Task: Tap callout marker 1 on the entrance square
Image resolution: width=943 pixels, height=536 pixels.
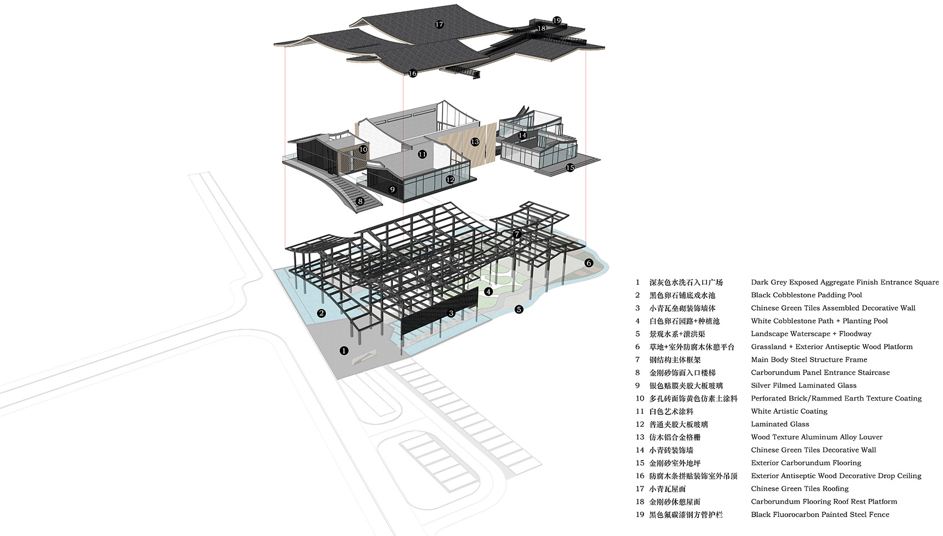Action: [x=344, y=350]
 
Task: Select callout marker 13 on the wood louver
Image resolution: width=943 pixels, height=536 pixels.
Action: [x=475, y=142]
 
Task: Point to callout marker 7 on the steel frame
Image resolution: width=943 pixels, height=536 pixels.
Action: [x=517, y=235]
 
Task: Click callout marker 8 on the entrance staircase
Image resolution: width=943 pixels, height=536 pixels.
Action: [x=360, y=201]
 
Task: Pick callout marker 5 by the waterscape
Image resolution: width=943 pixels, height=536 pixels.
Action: [x=519, y=310]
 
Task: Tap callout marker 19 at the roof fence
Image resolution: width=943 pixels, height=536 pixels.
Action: [x=557, y=20]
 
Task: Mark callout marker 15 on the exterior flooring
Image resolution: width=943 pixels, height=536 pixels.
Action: [x=570, y=168]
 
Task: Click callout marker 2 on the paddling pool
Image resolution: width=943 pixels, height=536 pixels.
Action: [x=322, y=313]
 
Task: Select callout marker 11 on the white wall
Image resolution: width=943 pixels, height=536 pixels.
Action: [x=422, y=154]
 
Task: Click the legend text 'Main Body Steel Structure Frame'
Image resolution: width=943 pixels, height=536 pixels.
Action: [x=809, y=360]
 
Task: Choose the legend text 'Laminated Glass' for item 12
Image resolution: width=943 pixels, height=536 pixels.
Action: [x=780, y=424]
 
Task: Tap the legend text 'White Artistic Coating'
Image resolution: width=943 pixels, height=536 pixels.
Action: [x=789, y=411]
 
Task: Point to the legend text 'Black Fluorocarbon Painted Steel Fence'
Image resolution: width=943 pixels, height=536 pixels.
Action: [x=820, y=514]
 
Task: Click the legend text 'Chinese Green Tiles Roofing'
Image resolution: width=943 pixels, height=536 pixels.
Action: [x=799, y=488]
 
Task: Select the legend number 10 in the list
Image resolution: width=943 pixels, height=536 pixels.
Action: [x=640, y=398]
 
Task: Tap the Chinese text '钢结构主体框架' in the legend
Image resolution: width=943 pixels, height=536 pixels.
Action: [x=675, y=360]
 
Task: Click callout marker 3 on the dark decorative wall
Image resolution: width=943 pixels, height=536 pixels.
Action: [x=452, y=313]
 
